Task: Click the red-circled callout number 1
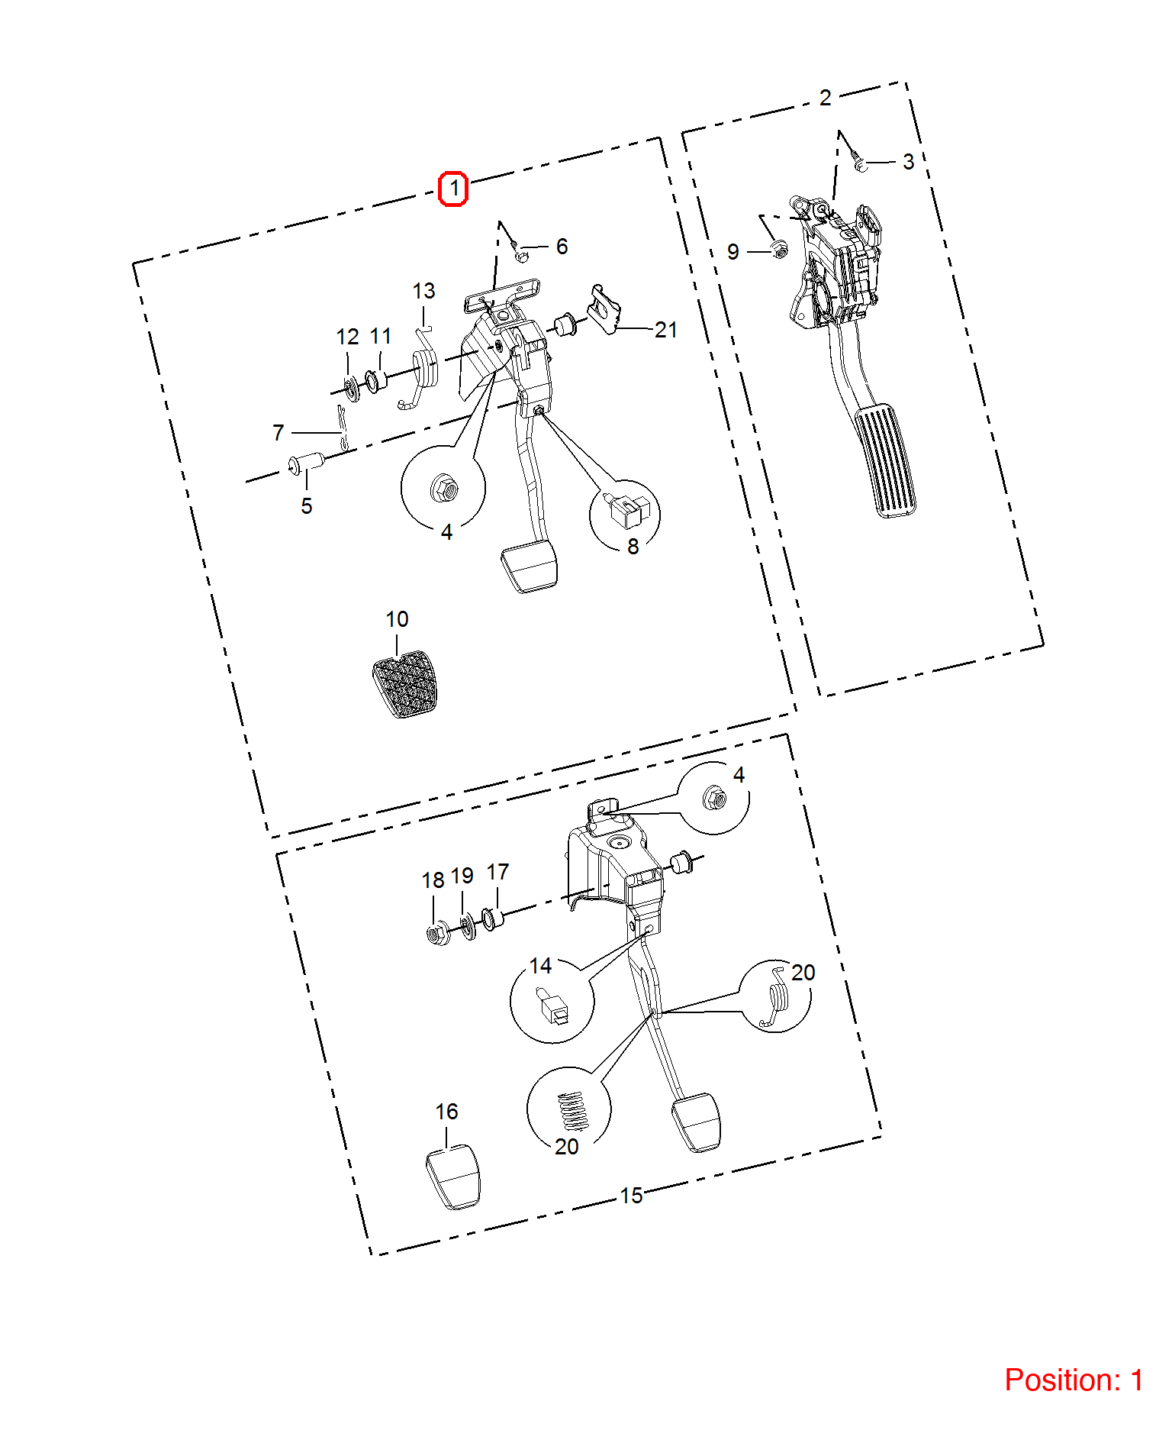454,188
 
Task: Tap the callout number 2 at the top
825,98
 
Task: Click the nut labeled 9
779,249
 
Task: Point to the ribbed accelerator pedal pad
885,461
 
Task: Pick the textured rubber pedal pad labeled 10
404,684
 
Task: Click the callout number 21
665,330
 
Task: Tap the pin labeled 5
306,463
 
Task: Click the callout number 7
279,433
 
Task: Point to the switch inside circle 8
629,510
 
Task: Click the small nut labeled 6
521,253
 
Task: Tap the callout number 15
631,1196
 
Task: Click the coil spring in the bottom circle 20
573,1111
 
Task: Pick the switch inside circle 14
553,1005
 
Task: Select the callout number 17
497,872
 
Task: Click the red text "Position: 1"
1074,1380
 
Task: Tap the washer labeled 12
352,389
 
